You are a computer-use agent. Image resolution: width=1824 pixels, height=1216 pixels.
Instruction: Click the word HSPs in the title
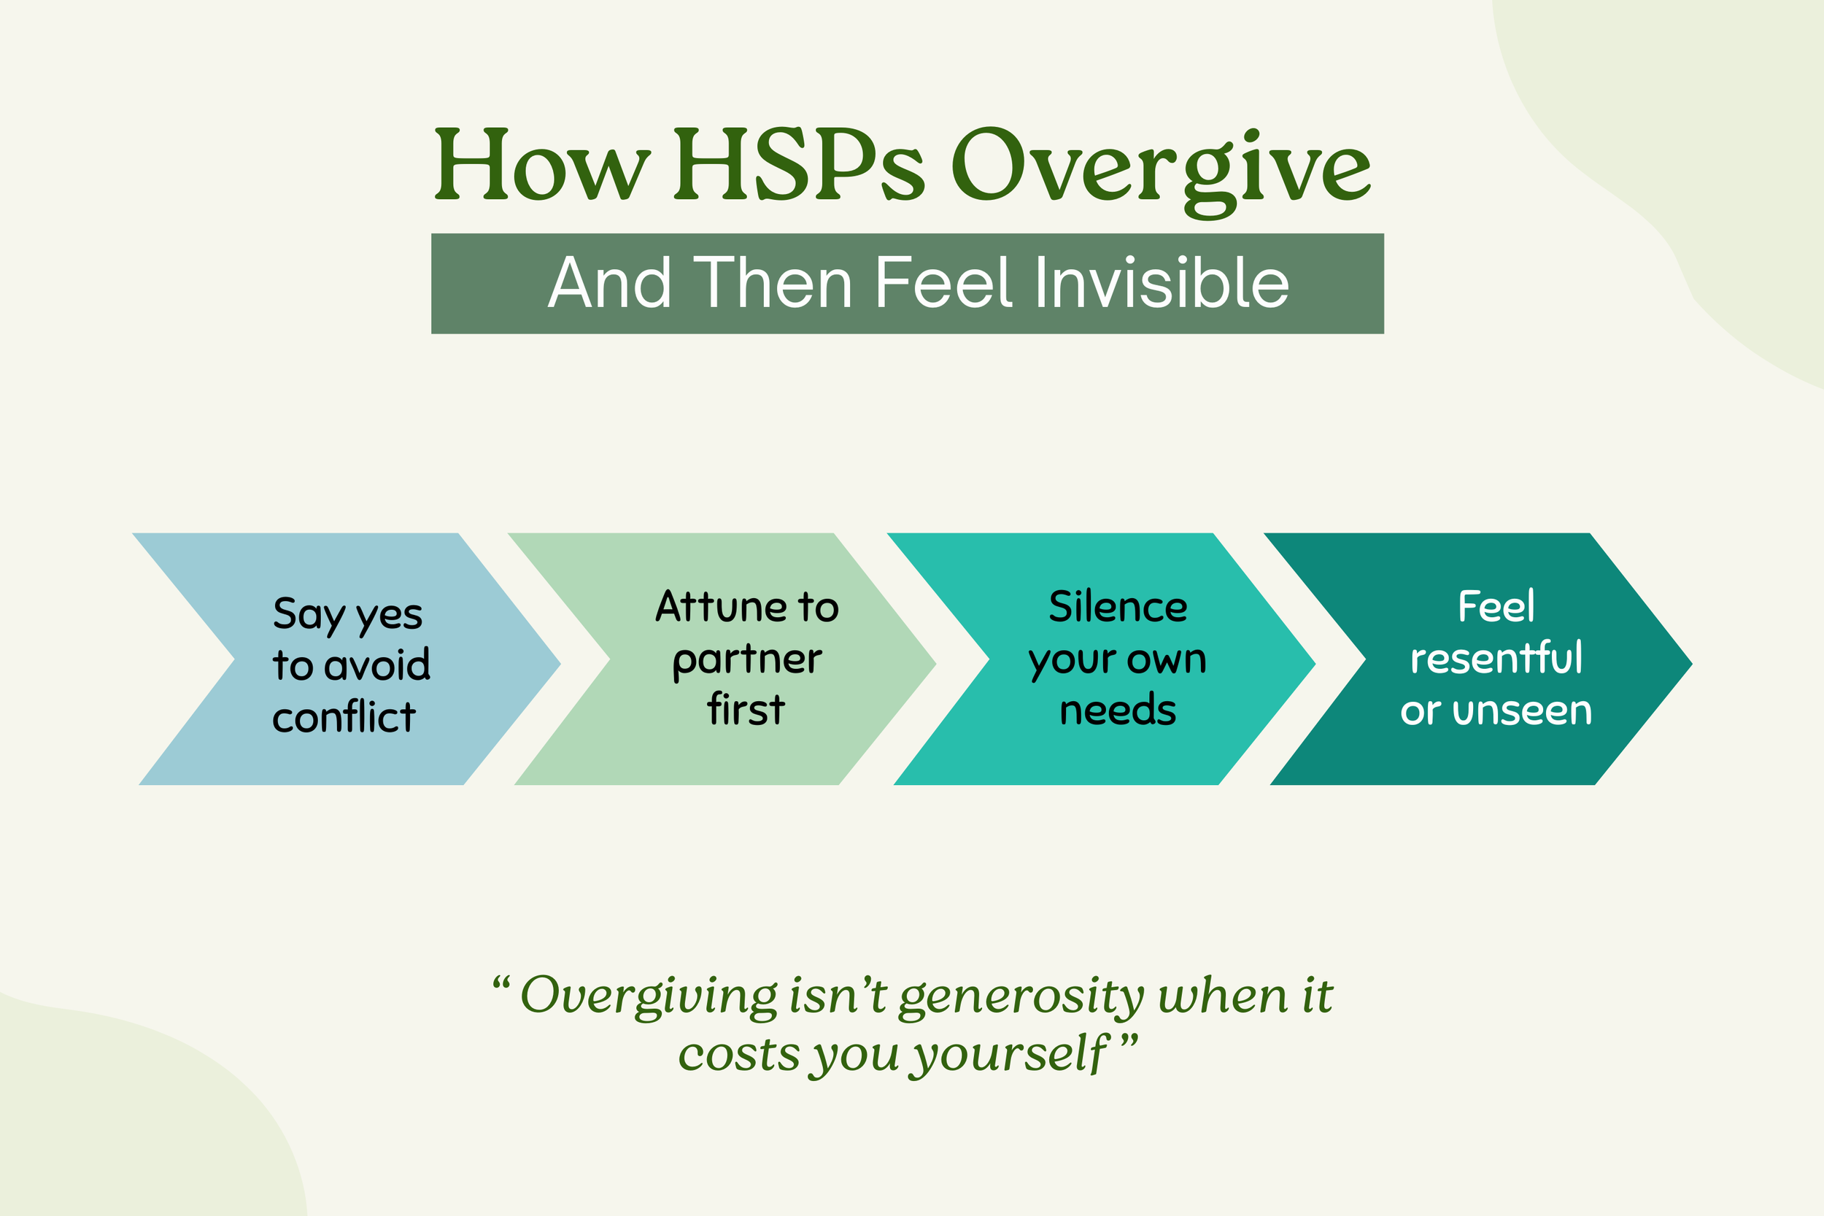tap(800, 165)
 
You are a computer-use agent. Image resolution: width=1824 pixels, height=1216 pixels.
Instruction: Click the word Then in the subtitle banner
tap(773, 284)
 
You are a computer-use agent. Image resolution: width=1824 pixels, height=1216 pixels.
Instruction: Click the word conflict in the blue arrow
tap(344, 717)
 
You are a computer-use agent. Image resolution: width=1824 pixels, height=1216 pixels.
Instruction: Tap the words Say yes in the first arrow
tap(347, 615)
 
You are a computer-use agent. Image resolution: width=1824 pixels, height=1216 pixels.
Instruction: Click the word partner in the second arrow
tap(747, 660)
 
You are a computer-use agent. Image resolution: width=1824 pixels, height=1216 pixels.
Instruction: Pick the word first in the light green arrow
tap(746, 710)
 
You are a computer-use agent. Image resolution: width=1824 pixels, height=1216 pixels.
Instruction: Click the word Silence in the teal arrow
tap(1118, 606)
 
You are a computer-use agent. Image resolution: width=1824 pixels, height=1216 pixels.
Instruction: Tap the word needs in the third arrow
tap(1118, 710)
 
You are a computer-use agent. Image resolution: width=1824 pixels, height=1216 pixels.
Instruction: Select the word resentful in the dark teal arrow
tap(1496, 659)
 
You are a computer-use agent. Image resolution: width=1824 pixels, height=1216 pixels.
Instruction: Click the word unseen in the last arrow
tap(1523, 710)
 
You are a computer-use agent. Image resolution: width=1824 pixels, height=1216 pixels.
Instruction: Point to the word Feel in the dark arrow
tap(1496, 606)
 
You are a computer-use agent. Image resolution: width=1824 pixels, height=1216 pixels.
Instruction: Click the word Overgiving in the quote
tap(649, 996)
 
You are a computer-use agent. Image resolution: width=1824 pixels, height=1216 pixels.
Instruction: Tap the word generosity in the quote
tap(1021, 996)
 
